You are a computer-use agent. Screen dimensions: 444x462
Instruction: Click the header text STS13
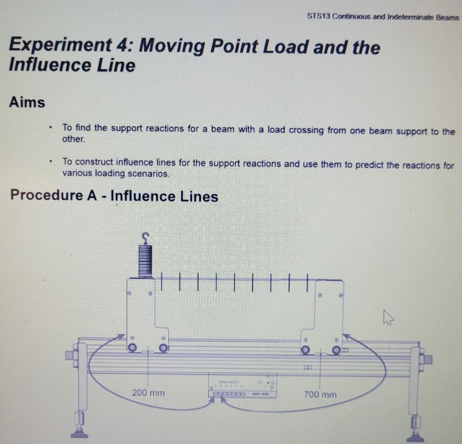(x=319, y=17)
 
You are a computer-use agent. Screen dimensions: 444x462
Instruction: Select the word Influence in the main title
(x=50, y=65)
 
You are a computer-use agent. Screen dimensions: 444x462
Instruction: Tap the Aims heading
(x=27, y=102)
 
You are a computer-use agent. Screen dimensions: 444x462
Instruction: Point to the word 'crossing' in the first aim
(x=306, y=130)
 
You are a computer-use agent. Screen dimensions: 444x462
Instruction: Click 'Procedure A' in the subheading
(x=53, y=195)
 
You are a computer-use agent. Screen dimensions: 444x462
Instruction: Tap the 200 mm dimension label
(x=148, y=393)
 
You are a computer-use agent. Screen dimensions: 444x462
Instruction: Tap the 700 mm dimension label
(x=320, y=395)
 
